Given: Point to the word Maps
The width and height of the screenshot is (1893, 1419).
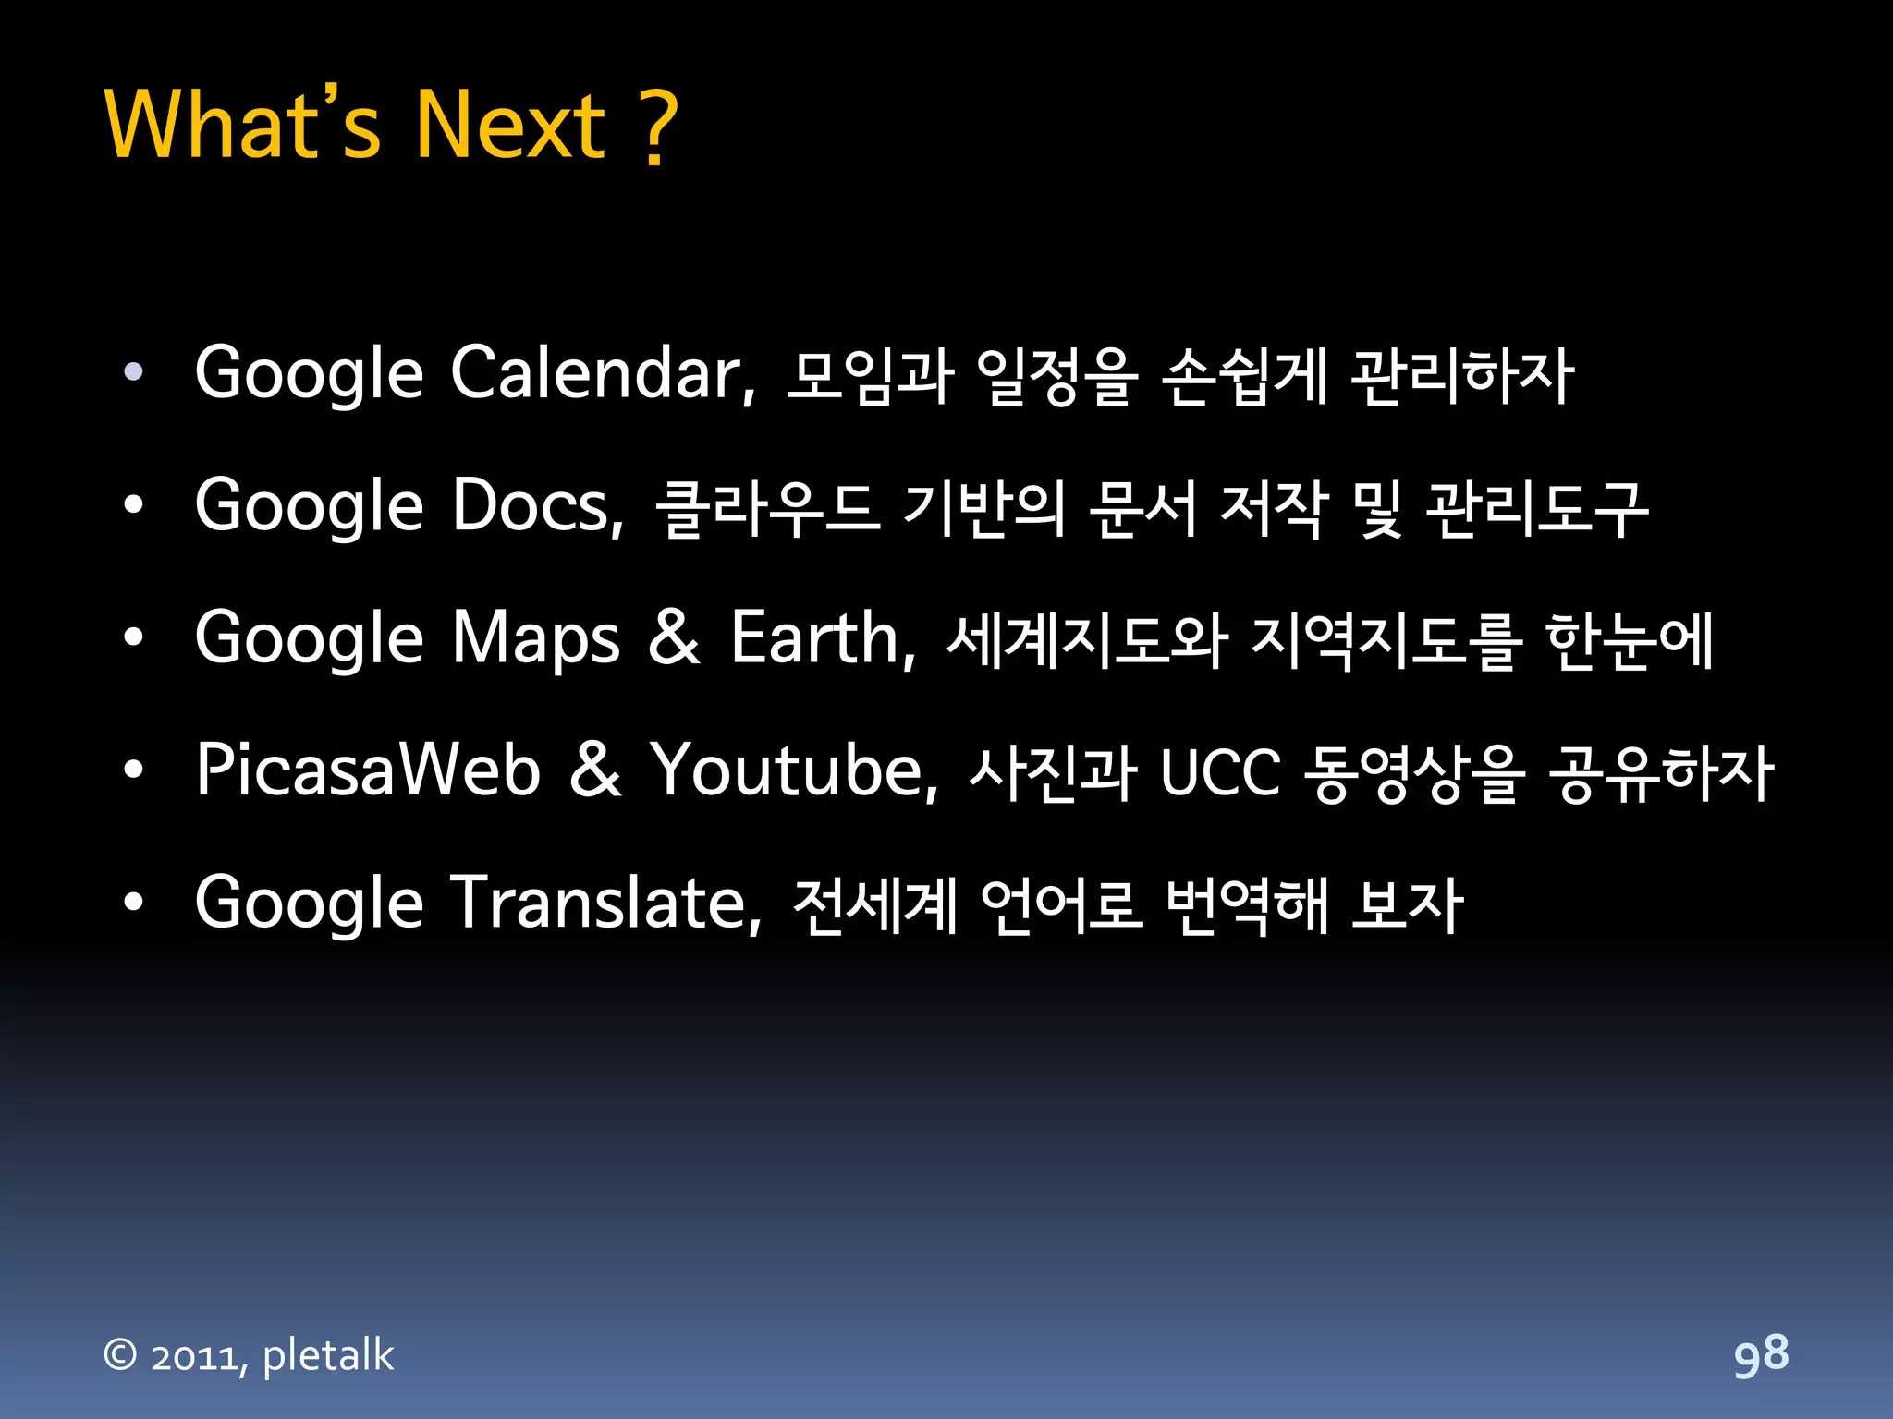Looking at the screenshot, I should [535, 639].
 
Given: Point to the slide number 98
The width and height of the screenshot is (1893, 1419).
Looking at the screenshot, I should [1761, 1356].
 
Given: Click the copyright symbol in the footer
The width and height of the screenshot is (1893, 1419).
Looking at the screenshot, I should [120, 1355].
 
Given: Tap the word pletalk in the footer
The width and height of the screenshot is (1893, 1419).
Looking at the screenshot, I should [328, 1356].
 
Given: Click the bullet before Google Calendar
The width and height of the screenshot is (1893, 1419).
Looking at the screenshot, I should [134, 372].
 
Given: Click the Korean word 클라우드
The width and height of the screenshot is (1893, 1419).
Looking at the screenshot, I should [767, 508].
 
